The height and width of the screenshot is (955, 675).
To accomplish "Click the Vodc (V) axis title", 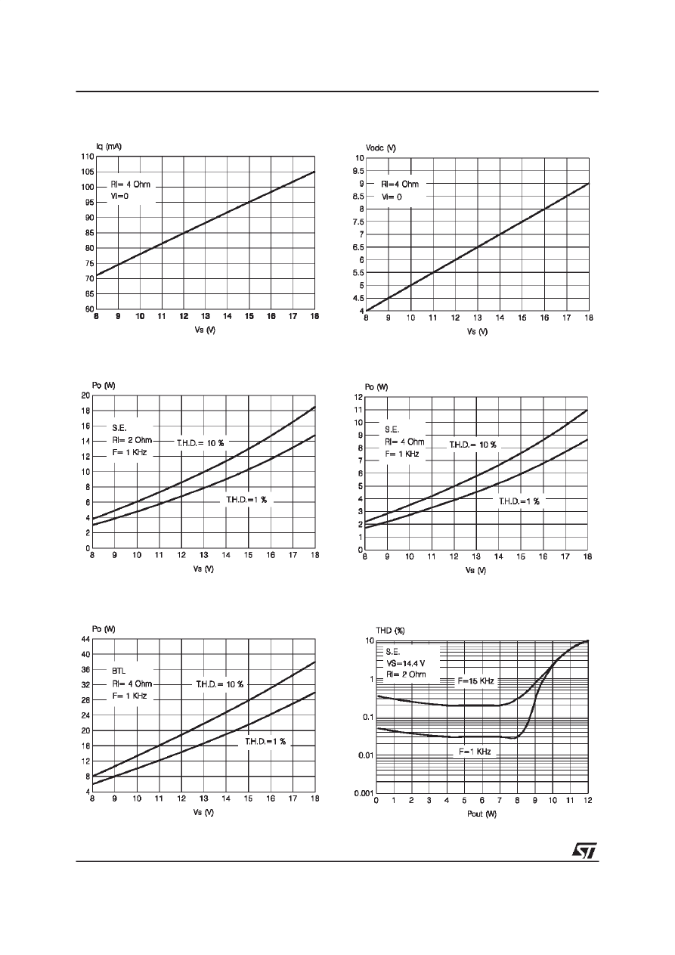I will pos(380,147).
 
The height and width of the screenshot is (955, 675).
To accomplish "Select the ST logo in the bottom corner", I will pos(584,851).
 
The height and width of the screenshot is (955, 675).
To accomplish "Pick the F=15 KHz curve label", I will pos(475,681).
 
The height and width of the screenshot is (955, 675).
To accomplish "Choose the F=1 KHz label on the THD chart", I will pos(475,752).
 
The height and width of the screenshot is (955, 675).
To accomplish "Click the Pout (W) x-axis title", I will pos(481,814).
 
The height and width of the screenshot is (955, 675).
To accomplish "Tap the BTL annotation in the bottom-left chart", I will pos(119,670).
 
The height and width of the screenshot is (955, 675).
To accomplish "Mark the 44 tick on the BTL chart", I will pos(85,639).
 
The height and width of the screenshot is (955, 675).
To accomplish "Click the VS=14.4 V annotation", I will pos(407,662).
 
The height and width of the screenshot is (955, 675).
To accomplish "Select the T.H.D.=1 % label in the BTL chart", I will pos(265,741).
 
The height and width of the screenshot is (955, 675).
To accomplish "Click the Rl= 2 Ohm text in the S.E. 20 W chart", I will pos(132,439).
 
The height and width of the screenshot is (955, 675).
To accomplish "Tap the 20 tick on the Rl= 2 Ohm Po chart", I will pos(85,395).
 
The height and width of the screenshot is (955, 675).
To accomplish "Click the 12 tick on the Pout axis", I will pos(587,801).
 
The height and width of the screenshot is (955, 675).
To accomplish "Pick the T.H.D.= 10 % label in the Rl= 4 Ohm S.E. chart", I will pos(472,445).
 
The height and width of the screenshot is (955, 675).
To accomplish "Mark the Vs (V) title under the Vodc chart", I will pos(477,331).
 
